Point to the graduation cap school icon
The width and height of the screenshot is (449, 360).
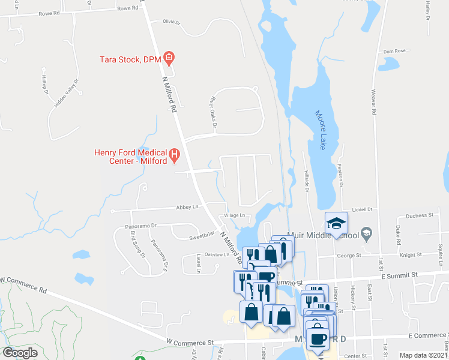(x=337, y=224)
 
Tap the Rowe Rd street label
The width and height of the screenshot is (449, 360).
(x=128, y=8)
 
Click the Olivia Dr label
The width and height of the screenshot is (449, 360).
(x=171, y=22)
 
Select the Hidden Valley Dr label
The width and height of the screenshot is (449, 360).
(x=66, y=94)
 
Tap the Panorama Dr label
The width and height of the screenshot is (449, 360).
(x=141, y=226)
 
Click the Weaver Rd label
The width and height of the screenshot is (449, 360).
(x=373, y=103)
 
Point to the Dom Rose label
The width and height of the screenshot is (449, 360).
(x=395, y=51)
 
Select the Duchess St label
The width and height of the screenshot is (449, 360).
(x=420, y=215)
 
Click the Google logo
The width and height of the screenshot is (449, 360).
(x=20, y=353)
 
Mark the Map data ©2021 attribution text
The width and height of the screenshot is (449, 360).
(x=424, y=355)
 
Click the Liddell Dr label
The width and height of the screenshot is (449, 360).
(x=363, y=209)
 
